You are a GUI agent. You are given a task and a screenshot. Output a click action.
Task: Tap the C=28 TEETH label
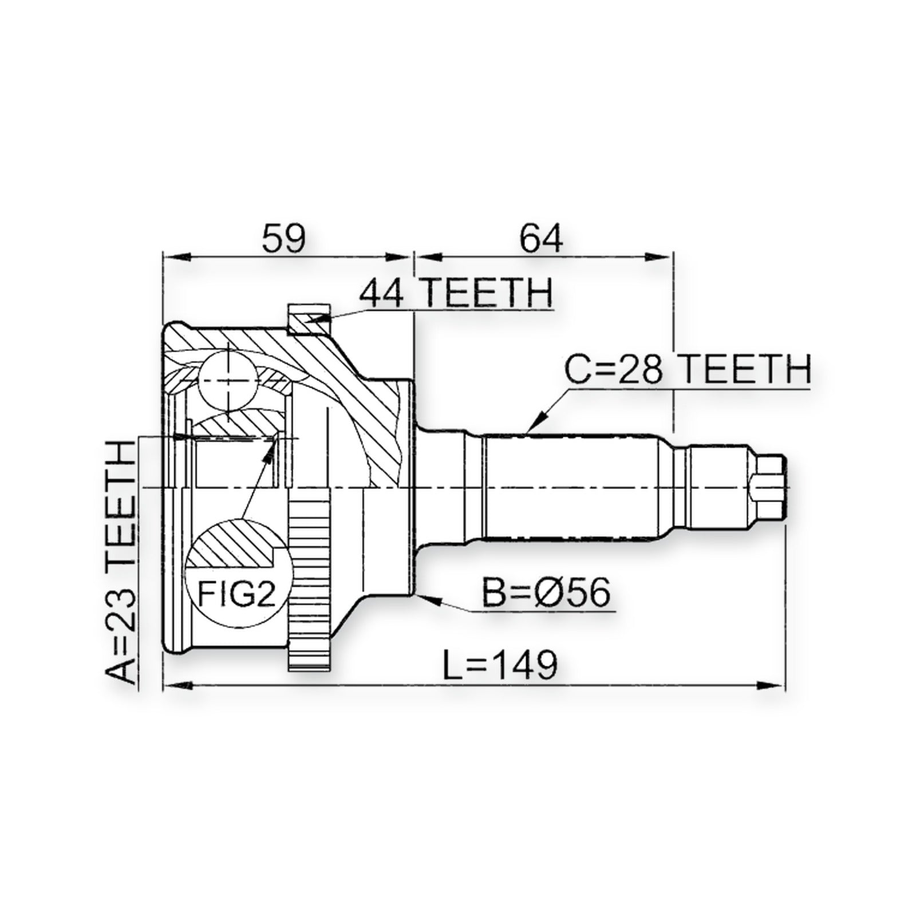pos(688,369)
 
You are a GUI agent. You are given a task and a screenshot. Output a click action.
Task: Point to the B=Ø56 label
pos(546,593)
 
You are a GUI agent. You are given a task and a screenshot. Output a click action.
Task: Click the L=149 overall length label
pos(500,665)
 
